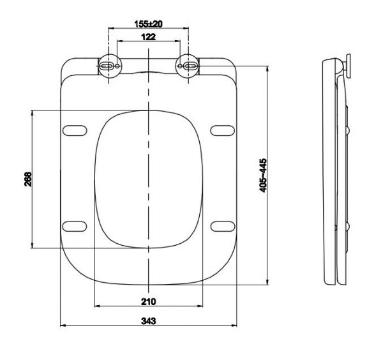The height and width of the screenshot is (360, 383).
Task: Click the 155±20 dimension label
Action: (149, 23)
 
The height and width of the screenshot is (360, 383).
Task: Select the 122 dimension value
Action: (149, 38)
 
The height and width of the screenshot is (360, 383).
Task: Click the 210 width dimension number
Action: (149, 301)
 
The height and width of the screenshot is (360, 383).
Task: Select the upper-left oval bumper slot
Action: (75, 130)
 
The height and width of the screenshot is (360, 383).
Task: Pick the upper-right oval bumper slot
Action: (223, 130)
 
